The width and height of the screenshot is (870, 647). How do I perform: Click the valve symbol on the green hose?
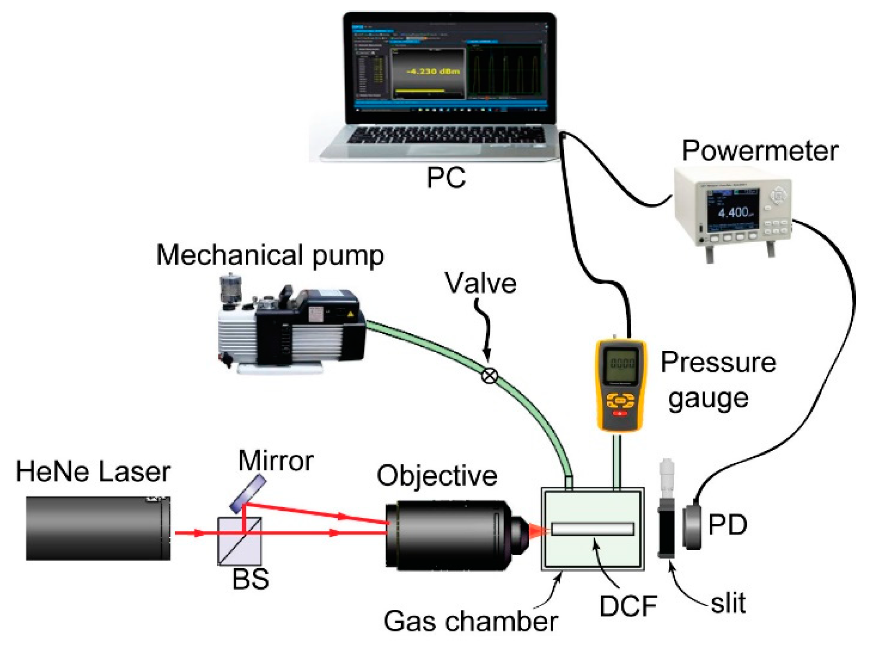pyautogui.click(x=489, y=375)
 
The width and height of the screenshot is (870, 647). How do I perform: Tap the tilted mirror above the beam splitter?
pyautogui.click(x=248, y=494)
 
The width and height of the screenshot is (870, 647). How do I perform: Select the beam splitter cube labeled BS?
pyautogui.click(x=240, y=541)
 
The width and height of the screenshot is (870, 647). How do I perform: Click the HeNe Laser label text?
pyautogui.click(x=93, y=472)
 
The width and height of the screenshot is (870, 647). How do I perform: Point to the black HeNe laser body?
pyautogui.click(x=97, y=528)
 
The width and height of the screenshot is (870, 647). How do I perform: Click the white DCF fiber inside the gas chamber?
pyautogui.click(x=592, y=529)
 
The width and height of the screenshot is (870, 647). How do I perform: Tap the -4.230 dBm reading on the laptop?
pyautogui.click(x=433, y=71)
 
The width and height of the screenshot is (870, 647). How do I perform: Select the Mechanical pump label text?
pyautogui.click(x=270, y=255)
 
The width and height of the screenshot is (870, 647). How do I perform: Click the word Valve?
pyautogui.click(x=481, y=283)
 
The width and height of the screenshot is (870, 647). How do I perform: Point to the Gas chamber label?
pyautogui.click(x=470, y=621)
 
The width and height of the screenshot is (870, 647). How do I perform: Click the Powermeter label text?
pyautogui.click(x=760, y=151)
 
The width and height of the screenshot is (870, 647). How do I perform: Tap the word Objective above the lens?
pyautogui.click(x=437, y=476)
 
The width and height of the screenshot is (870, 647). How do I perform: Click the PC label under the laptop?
pyautogui.click(x=446, y=177)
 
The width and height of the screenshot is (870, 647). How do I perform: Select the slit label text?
pyautogui.click(x=728, y=603)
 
